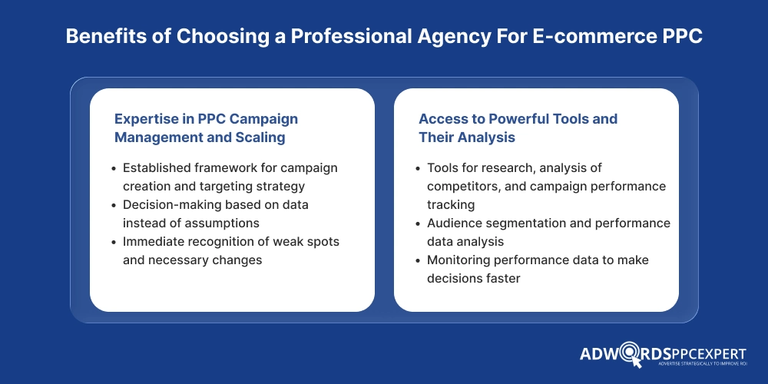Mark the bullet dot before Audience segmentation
pyautogui.click(x=419, y=223)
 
